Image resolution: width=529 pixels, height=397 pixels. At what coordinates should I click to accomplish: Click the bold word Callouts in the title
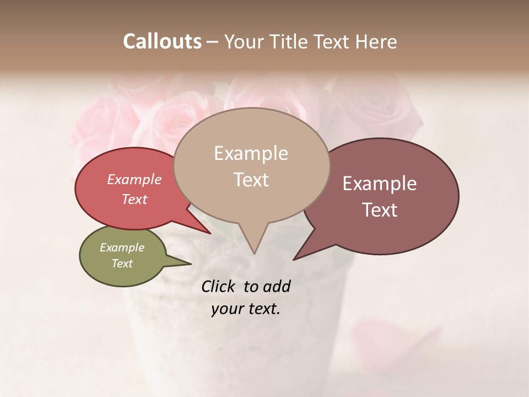tap(162, 41)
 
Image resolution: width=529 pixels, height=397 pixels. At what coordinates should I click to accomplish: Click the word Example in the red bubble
tap(134, 179)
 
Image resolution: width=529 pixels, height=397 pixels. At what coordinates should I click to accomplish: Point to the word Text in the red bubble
tap(134, 199)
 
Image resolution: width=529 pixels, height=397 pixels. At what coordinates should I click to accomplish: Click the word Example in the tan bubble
tap(251, 153)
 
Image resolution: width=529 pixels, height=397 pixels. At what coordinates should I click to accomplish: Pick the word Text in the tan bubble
tap(251, 179)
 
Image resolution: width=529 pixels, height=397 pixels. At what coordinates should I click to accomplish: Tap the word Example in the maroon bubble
tap(379, 184)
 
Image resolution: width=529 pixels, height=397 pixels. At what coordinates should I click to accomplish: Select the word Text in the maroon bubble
tap(380, 210)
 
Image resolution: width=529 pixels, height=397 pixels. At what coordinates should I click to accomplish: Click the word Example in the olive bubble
tap(122, 248)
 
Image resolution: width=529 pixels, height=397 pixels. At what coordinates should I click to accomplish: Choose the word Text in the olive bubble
tap(122, 264)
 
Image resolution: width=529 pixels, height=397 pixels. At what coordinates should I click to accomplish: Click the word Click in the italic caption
tap(219, 286)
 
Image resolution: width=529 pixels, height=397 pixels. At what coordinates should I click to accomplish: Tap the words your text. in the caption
tap(245, 309)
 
